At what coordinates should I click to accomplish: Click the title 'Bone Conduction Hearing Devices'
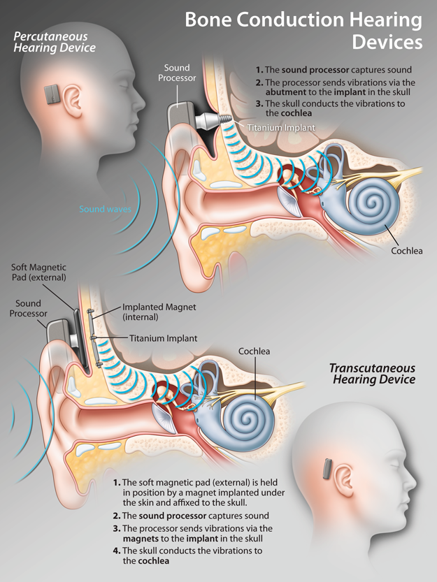pos(303,31)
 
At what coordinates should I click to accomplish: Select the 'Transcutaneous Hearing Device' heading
pos(372,374)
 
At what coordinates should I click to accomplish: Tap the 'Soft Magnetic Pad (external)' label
pos(38,272)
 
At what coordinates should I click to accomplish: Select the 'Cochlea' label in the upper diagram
pos(407,250)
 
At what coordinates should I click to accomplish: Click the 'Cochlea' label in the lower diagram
pos(254,351)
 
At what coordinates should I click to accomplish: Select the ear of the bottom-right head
pos(343,479)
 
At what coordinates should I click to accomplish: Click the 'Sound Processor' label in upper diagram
pos(176,73)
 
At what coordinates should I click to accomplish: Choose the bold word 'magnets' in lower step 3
pos(142,539)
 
